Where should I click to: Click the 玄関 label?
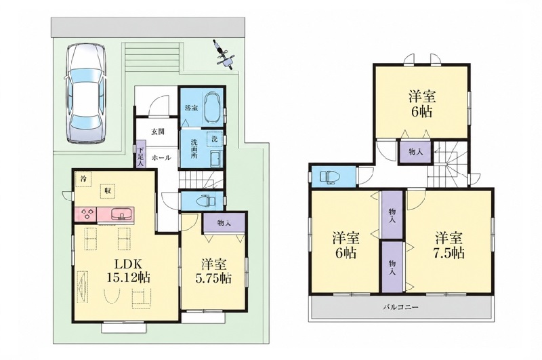[158, 132]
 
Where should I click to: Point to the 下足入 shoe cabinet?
[140, 155]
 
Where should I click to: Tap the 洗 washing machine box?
[214, 139]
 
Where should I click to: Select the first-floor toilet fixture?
[206, 200]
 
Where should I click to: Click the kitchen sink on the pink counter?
[122, 214]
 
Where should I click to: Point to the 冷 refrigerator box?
[83, 179]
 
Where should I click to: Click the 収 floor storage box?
[108, 191]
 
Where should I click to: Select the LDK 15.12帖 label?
[127, 271]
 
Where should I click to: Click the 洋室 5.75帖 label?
[213, 271]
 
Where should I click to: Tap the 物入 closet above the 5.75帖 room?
[224, 222]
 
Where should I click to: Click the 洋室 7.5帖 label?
[449, 245]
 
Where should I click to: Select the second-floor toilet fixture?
[331, 177]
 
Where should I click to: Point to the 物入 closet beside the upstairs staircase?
[415, 151]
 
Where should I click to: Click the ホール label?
[161, 158]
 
